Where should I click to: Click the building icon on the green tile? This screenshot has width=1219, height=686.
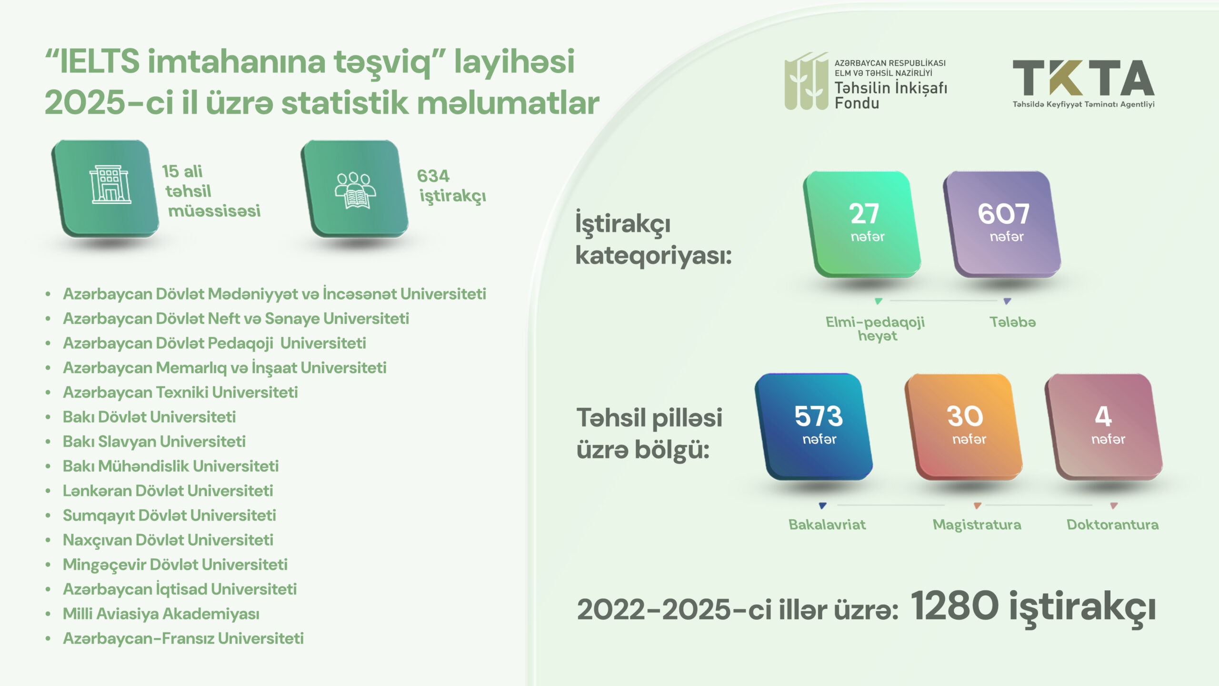pyautogui.click(x=110, y=185)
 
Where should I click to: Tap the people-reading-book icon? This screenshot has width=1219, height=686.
pyautogui.click(x=355, y=191)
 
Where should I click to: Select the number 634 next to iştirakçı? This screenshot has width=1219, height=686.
pyautogui.click(x=433, y=176)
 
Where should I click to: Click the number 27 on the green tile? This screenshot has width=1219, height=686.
pyautogui.click(x=864, y=214)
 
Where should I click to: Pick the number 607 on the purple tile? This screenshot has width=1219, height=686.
pyautogui.click(x=1004, y=214)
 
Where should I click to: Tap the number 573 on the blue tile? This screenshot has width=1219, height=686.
pyautogui.click(x=819, y=416)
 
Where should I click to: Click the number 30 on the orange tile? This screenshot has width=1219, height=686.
pyautogui.click(x=965, y=416)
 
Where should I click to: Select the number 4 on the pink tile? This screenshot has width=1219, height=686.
pyautogui.click(x=1103, y=416)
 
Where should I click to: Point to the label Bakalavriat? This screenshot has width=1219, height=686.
pyautogui.click(x=827, y=525)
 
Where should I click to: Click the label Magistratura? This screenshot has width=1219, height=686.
pyautogui.click(x=977, y=525)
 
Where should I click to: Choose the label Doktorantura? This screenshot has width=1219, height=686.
pyautogui.click(x=1112, y=525)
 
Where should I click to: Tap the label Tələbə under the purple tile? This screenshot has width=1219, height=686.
pyautogui.click(x=1013, y=322)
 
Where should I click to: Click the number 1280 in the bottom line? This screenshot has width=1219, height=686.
pyautogui.click(x=954, y=606)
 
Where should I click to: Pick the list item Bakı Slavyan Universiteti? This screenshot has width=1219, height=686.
pyautogui.click(x=154, y=442)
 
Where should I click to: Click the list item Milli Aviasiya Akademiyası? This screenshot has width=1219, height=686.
pyautogui.click(x=161, y=614)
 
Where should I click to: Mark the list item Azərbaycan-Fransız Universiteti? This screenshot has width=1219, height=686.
pyautogui.click(x=183, y=638)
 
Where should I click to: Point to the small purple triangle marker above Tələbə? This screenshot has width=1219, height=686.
pyautogui.click(x=1007, y=301)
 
